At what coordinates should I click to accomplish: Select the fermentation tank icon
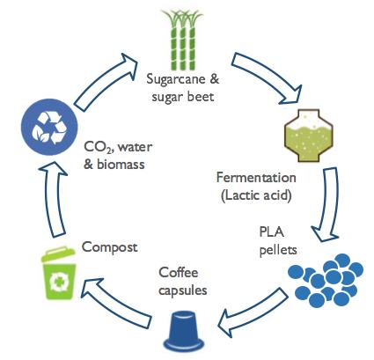tap(309, 136)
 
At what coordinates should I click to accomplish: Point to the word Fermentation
tap(256, 178)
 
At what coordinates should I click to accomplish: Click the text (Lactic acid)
tap(256, 195)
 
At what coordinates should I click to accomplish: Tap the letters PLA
tap(272, 232)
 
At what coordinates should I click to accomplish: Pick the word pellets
tap(278, 250)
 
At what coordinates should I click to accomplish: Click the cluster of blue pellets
tap(326, 280)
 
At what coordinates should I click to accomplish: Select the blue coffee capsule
tap(184, 331)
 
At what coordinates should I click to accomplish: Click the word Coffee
tap(179, 273)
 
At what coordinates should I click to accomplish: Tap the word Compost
tap(110, 247)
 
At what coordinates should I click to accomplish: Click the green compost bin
tap(59, 273)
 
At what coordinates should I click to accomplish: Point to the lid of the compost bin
tap(58, 254)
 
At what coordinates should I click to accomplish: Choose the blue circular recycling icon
tap(49, 127)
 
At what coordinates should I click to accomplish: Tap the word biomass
tap(121, 165)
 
